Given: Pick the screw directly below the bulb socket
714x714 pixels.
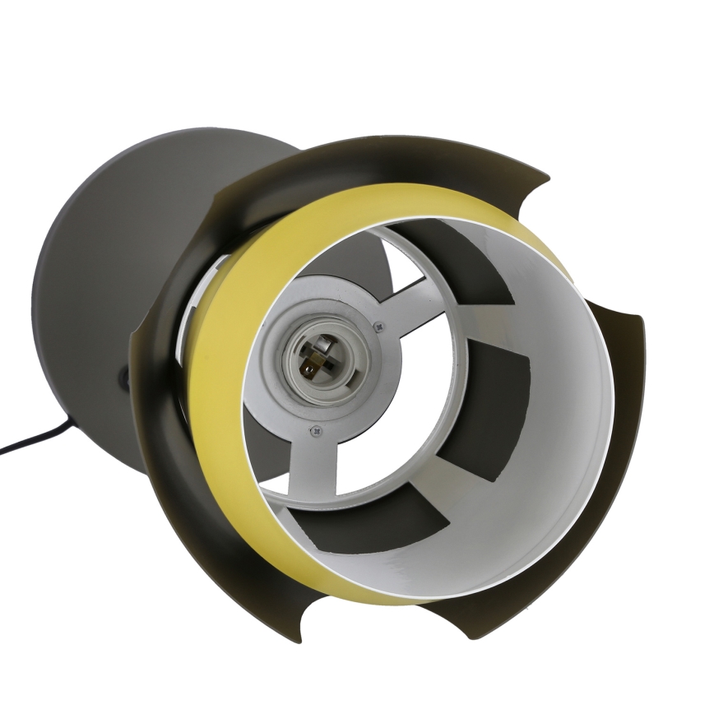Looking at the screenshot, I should coord(313,429).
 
